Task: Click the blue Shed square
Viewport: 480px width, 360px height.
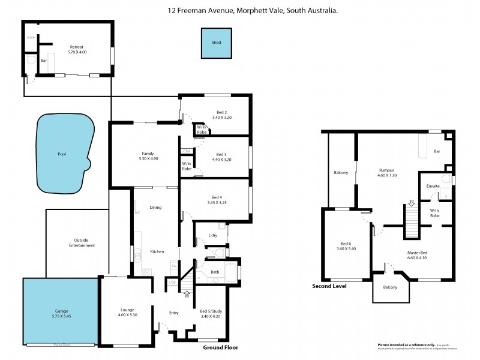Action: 216,43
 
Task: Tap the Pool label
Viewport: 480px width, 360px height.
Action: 61,154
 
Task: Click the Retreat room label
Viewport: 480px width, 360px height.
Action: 76,47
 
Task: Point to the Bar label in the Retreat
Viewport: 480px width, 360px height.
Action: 44,61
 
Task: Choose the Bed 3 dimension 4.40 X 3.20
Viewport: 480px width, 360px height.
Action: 221,160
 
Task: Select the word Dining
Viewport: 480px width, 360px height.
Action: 156,208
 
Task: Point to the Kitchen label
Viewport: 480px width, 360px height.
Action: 157,251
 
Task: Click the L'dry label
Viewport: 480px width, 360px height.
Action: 212,235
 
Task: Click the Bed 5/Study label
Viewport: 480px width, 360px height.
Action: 211,310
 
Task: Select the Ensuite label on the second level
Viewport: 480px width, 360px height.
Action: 433,186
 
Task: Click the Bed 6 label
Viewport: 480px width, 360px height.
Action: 344,243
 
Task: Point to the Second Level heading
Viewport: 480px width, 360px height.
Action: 329,286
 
